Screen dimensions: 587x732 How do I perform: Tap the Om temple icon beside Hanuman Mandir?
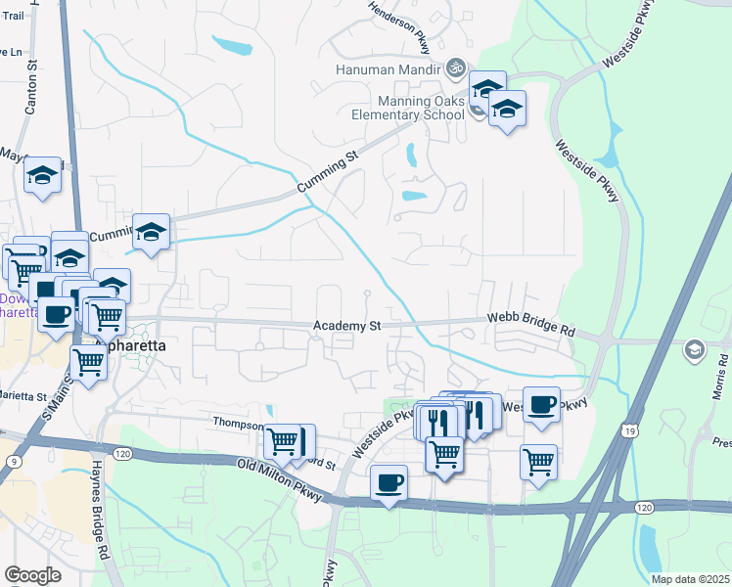(x=452, y=68)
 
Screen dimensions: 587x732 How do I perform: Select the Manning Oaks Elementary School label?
(x=422, y=108)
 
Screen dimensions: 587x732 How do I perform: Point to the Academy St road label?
(x=346, y=326)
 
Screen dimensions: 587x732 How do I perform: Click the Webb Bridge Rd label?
(x=531, y=325)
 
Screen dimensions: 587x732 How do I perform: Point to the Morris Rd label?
(x=722, y=373)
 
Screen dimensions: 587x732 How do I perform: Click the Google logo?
(x=32, y=575)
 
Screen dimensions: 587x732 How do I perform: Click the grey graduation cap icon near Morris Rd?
(x=694, y=349)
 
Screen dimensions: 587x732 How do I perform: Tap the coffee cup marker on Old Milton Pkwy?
(x=389, y=482)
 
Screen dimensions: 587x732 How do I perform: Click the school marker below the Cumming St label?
(x=151, y=232)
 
